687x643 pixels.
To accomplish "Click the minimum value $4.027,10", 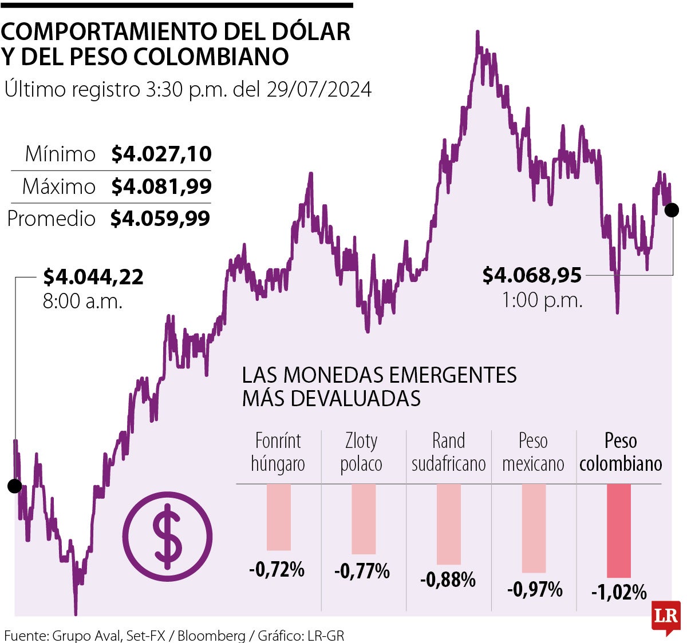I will pyautogui.click(x=161, y=154).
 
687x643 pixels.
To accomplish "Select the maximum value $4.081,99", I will pyautogui.click(x=161, y=186).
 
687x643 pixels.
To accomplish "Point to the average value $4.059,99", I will pyautogui.click(x=160, y=219).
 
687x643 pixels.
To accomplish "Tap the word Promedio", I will pyautogui.click(x=52, y=219).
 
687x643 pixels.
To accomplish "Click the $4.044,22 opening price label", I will pyautogui.click(x=93, y=277).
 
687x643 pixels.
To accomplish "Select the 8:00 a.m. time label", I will pyautogui.click(x=83, y=301).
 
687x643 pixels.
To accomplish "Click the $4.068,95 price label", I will pyautogui.click(x=532, y=275).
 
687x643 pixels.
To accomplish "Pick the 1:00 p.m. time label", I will pyautogui.click(x=542, y=300).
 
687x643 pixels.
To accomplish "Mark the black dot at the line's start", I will pyautogui.click(x=14, y=486).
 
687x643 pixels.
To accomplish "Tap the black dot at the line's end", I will pyautogui.click(x=672, y=210).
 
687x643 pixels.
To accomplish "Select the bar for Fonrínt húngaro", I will pyautogui.click(x=279, y=517).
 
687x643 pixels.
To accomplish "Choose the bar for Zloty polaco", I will pyautogui.click(x=364, y=519).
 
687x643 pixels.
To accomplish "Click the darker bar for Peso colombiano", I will pyautogui.click(x=619, y=530).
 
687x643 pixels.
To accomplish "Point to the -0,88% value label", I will pyautogui.click(x=448, y=580).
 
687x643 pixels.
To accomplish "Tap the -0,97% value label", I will pyautogui.click(x=535, y=589).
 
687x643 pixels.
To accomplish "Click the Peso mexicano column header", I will pyautogui.click(x=533, y=452).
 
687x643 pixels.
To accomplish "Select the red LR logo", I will pyautogui.click(x=666, y=617).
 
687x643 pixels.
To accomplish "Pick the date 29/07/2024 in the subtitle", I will pyautogui.click(x=319, y=89).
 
